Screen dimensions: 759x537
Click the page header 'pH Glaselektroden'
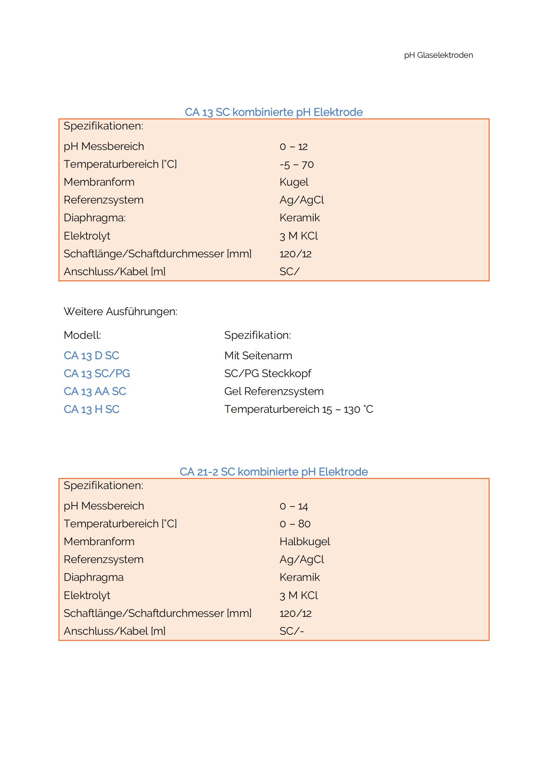coord(438,55)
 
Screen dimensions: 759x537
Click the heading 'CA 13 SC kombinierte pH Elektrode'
coord(273,112)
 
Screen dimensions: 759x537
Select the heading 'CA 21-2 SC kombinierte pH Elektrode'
coord(273,472)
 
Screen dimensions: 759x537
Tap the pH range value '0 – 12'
coord(293,146)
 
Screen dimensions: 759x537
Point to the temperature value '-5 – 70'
coord(296,164)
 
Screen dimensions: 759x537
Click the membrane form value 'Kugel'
coord(293,182)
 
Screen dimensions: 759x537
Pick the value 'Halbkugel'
coord(305,542)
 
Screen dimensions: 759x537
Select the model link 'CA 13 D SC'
coord(91,356)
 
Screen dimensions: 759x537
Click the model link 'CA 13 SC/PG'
coord(96,373)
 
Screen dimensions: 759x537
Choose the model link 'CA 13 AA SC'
coord(94,391)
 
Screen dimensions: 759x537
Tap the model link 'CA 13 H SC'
coord(91,409)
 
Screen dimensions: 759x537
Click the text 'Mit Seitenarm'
coord(258,356)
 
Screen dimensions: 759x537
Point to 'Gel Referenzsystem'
coord(274,391)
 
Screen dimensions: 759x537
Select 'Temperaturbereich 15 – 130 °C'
coord(298,409)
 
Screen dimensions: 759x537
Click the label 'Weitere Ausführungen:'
coord(120,312)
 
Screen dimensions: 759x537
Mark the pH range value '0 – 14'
coord(293,506)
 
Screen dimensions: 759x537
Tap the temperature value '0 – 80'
coord(294,524)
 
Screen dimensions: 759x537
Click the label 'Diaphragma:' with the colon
coord(94,218)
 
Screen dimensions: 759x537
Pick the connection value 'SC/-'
coord(291,631)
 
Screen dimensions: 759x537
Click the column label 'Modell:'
coord(82,335)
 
